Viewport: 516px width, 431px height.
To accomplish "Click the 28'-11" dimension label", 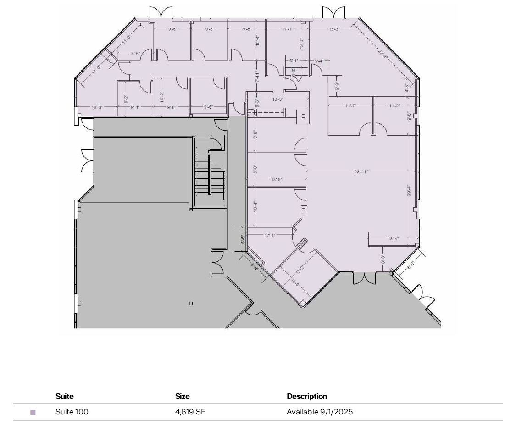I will [361, 171].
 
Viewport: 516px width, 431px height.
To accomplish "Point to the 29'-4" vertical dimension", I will [408, 190].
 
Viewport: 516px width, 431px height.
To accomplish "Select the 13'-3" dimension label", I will [334, 29].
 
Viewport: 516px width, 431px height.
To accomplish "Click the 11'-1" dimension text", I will [288, 29].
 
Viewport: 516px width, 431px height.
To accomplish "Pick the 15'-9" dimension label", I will [276, 180].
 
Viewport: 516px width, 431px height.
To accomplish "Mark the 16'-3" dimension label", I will [277, 99].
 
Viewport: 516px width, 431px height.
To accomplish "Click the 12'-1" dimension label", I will [270, 236].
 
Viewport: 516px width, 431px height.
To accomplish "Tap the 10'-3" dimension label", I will [97, 107].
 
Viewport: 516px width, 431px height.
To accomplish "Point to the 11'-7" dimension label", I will [351, 106].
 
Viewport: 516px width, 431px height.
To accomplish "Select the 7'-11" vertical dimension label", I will [257, 77].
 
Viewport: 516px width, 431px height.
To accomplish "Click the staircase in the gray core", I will [209, 174].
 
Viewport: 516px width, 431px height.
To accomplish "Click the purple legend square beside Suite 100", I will [33, 412].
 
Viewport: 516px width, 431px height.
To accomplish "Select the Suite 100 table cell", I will [72, 412].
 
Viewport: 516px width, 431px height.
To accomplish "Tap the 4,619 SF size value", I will [190, 412].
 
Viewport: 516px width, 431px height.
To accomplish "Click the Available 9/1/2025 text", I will [320, 412].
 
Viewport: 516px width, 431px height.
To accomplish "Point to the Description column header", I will [307, 396].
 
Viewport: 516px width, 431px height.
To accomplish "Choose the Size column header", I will [182, 396].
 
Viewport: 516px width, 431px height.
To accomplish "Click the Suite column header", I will [64, 396].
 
